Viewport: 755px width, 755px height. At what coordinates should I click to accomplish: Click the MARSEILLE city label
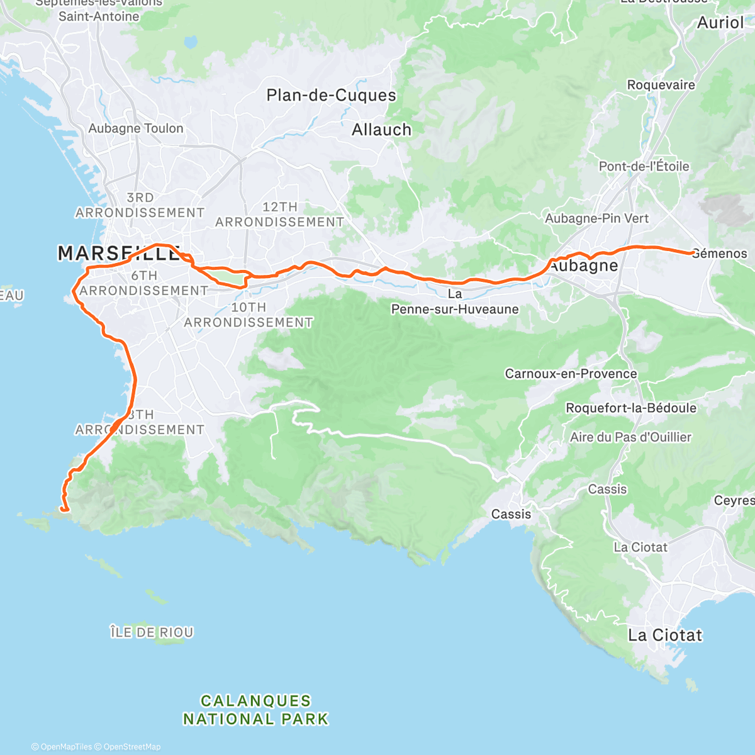118,254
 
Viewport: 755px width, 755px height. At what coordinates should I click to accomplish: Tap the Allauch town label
381,130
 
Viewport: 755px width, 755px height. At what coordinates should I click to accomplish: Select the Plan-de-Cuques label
331,96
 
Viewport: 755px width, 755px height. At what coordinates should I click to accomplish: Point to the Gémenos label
720,254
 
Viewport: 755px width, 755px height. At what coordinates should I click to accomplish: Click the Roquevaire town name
661,85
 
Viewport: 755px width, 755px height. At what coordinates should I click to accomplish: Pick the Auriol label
720,23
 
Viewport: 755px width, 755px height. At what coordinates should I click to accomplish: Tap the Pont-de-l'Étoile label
644,167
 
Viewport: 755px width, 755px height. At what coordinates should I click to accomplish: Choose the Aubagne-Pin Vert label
596,218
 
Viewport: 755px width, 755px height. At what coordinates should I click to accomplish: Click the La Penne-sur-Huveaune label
455,302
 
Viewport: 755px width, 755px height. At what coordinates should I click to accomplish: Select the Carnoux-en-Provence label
571,374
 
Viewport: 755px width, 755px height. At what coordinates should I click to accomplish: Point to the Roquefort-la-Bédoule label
631,408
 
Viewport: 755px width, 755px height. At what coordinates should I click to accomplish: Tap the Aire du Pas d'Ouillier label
630,437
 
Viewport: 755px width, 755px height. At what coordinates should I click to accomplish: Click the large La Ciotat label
665,635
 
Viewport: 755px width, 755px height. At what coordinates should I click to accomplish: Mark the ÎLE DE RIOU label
152,632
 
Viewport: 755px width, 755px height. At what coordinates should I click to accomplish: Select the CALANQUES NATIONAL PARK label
255,710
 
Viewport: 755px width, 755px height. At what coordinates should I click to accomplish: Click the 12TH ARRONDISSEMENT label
279,215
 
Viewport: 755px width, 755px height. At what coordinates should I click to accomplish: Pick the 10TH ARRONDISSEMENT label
249,315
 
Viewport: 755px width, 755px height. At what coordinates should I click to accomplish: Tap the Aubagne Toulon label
136,128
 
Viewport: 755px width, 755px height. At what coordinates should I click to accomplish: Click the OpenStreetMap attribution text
131,747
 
